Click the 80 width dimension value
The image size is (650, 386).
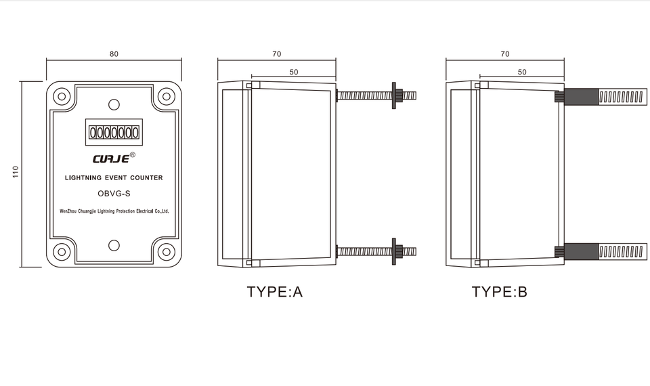tap(114, 54)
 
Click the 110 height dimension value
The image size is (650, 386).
tap(16, 171)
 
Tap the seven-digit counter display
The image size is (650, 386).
tap(114, 132)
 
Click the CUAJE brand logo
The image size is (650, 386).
tap(111, 159)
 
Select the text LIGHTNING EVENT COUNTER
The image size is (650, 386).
tap(114, 178)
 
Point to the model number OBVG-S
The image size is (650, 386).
tap(114, 194)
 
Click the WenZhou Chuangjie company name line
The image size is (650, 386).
tap(114, 211)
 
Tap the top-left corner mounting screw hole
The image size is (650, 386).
tap(62, 97)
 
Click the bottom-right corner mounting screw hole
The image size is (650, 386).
tap(167, 251)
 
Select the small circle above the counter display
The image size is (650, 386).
tap(114, 104)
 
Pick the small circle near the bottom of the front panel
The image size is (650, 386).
tap(114, 245)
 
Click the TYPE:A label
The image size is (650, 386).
tap(274, 292)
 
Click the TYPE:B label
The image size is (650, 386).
tap(500, 292)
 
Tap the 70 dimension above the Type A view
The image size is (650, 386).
tap(276, 54)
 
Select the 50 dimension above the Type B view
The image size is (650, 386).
tap(522, 72)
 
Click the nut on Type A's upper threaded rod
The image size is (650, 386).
tap(397, 95)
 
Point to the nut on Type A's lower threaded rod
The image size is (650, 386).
tap(397, 251)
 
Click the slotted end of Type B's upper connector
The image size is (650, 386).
tap(622, 97)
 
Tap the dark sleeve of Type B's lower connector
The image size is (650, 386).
tap(581, 252)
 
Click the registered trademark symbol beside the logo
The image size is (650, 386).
tap(133, 154)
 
